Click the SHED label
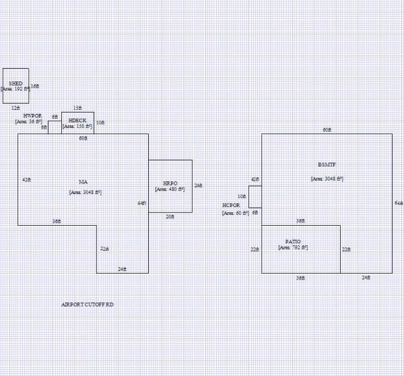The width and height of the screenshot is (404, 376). [15, 84]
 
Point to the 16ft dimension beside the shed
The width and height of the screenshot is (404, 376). [34, 86]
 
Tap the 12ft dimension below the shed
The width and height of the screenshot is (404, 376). [15, 107]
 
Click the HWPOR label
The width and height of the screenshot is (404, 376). [32, 116]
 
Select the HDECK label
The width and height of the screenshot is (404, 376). [77, 121]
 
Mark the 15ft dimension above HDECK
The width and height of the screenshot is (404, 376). [77, 108]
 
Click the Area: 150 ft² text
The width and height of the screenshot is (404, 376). [77, 126]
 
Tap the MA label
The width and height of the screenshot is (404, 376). [83, 182]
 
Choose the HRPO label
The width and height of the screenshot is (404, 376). [170, 183]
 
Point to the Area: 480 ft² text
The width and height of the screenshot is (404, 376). [170, 189]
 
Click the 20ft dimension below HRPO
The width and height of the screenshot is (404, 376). [170, 216]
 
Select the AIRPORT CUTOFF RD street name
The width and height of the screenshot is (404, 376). [87, 305]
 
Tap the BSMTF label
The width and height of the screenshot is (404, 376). [327, 165]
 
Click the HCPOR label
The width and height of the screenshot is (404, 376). [231, 206]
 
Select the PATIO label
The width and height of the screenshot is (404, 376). [293, 241]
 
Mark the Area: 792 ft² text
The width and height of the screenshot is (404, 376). [293, 248]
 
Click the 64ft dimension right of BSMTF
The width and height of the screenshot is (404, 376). [398, 203]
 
